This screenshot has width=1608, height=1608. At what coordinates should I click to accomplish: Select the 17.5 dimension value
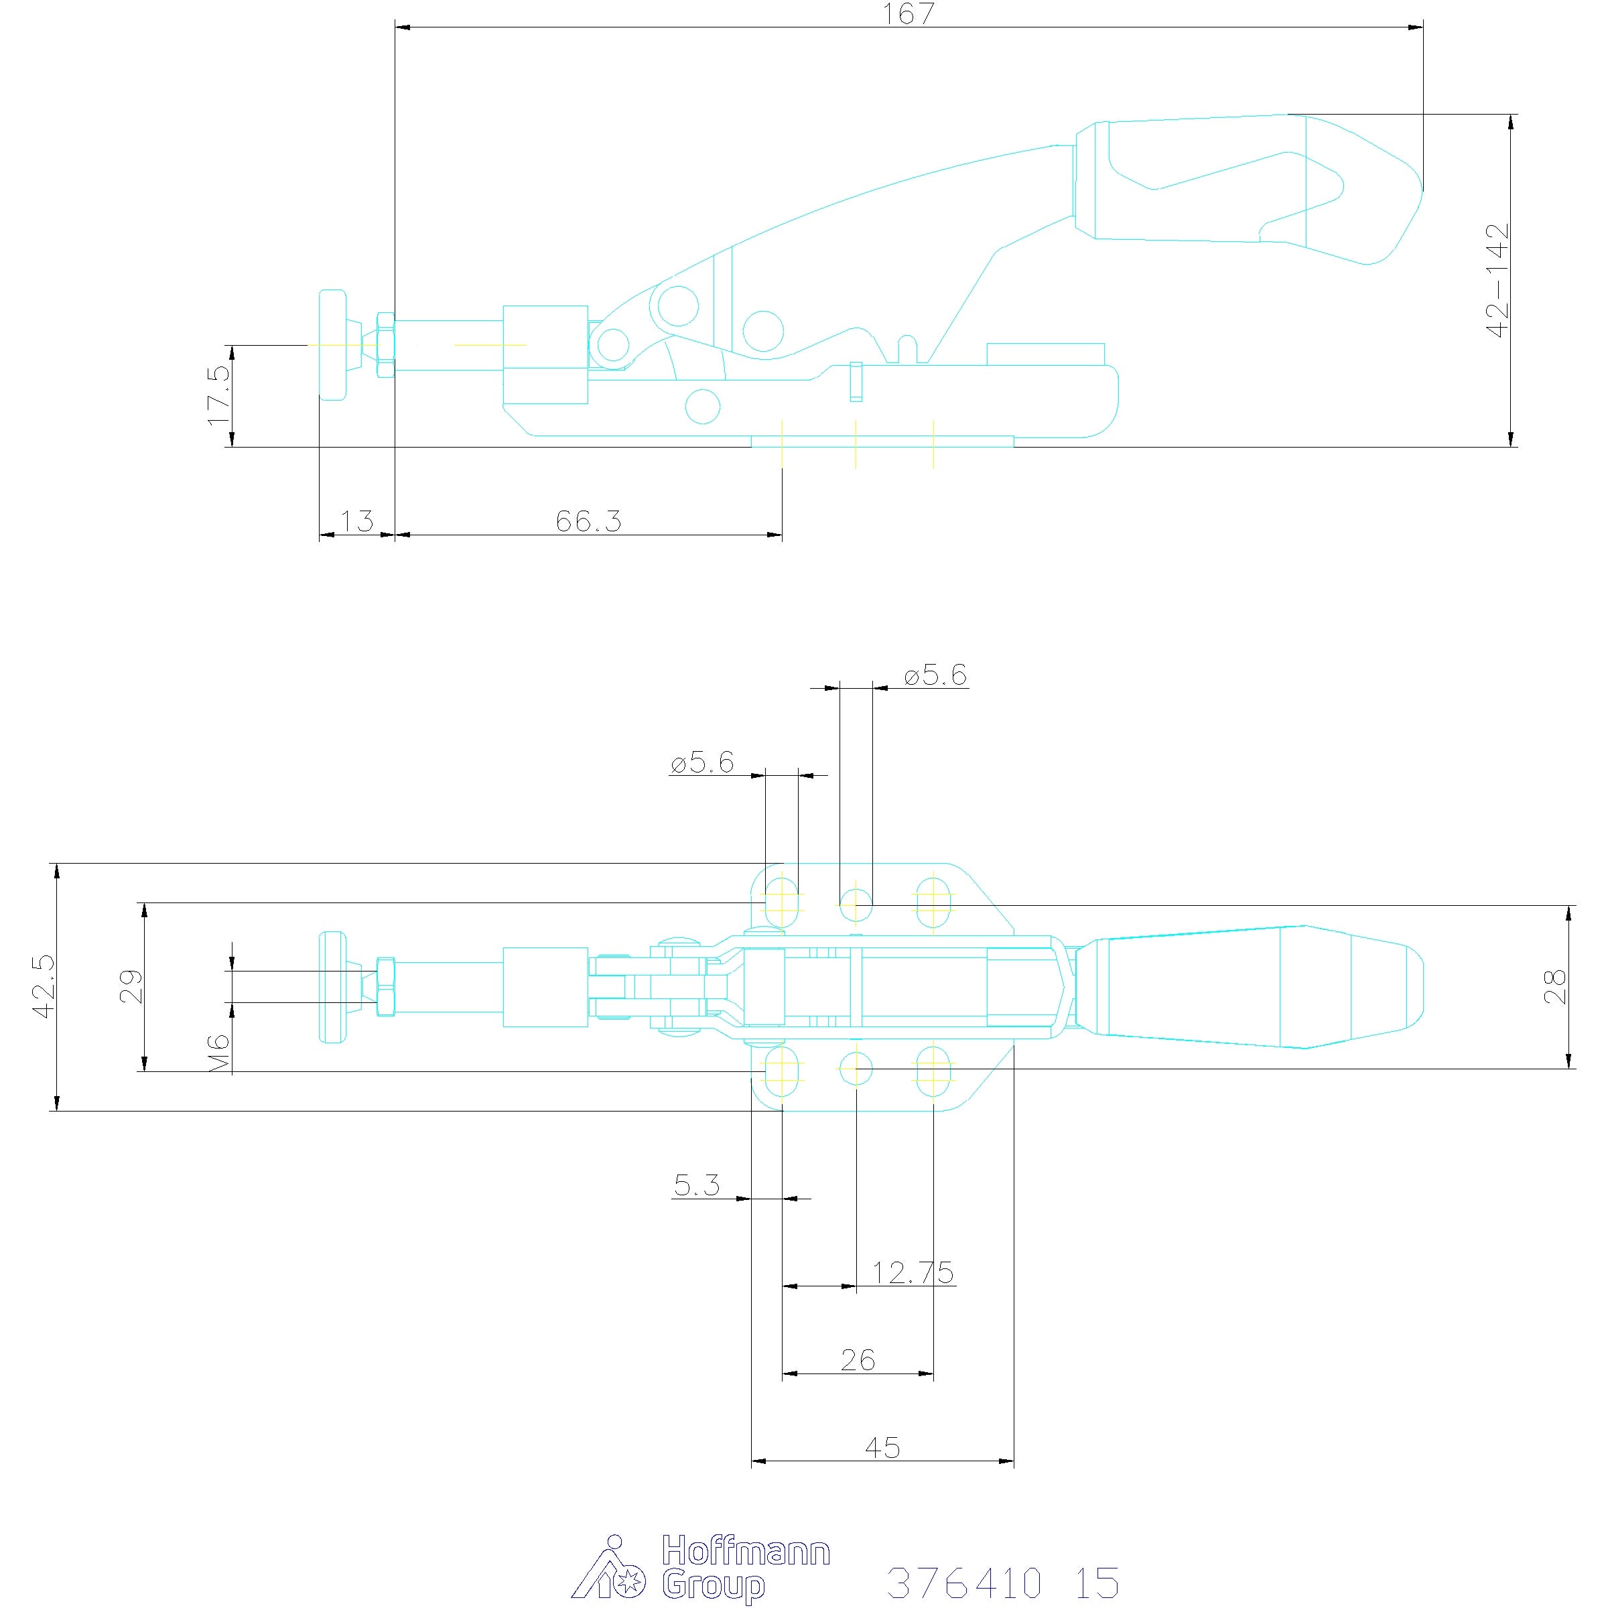[x=220, y=395]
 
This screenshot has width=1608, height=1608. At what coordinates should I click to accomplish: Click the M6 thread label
[x=219, y=1053]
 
